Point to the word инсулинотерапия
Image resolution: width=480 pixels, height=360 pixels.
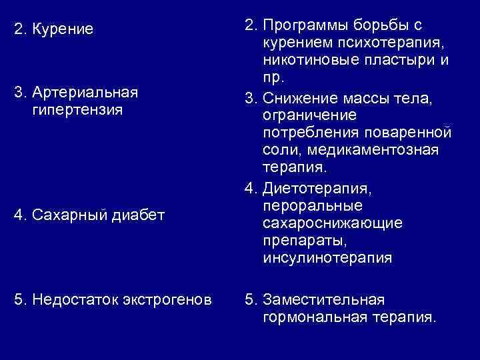tap(328, 257)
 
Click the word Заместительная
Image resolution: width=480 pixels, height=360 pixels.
tap(323, 299)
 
